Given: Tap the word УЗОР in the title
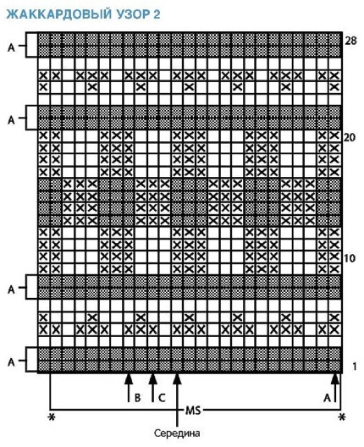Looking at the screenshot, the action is pos(130,14).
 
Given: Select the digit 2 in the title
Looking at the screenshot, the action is pos(157,14).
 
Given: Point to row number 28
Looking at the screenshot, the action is pos(350,41).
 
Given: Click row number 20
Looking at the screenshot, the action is pos(350,138).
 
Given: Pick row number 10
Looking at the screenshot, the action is pos(350,258).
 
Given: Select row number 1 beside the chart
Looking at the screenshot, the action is pos(355,367).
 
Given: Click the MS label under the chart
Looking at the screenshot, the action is pos(193,411).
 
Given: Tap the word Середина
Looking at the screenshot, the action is pos(177,433).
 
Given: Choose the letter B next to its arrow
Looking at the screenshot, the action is pos(137,397).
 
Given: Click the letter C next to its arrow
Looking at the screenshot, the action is pos(162,397).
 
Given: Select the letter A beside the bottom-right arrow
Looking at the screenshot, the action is pos(327,398).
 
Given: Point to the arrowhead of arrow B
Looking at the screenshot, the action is pos(129,379).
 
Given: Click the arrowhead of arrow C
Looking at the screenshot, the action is pos(152,379).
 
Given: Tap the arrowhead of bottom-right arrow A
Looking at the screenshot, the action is pos(335,379).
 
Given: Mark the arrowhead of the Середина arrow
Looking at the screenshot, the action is pos(177,379).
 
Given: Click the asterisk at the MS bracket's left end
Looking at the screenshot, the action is pos(52,417).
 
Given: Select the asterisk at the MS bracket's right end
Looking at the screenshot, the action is pos(341,417).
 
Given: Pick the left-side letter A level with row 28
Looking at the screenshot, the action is pos(11,47).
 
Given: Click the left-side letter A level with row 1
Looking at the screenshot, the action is pos(11,362).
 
